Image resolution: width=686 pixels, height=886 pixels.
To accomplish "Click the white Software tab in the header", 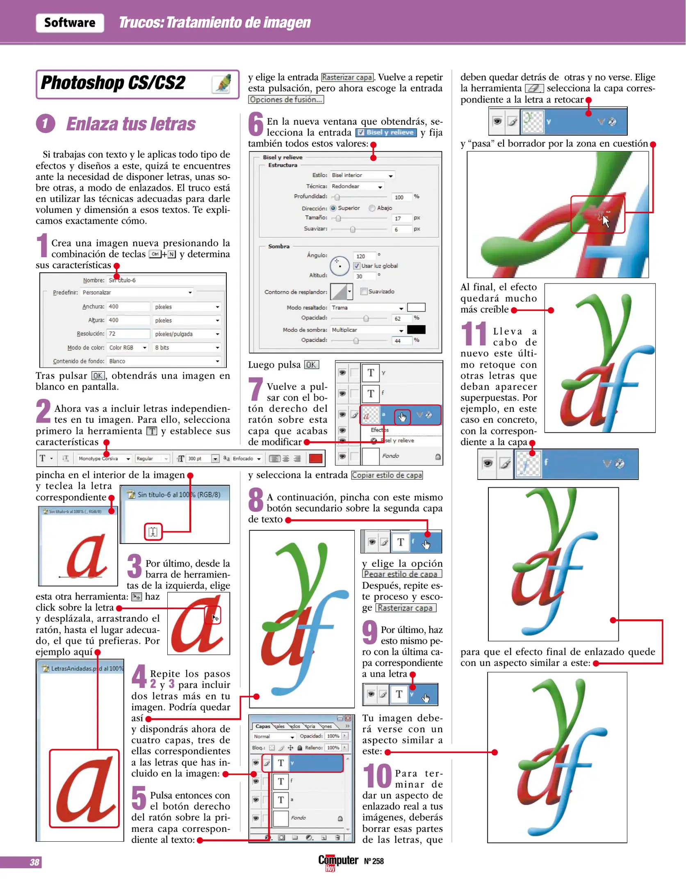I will (x=70, y=23).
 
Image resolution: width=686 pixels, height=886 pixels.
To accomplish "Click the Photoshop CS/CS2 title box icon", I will (x=222, y=83).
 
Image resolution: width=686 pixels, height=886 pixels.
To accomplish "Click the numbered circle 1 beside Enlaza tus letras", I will (x=46, y=123).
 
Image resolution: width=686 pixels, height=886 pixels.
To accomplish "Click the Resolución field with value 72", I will (x=128, y=334).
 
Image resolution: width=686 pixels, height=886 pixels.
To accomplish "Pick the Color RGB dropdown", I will (x=127, y=348).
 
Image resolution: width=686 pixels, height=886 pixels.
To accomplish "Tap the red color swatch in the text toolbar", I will (x=315, y=459).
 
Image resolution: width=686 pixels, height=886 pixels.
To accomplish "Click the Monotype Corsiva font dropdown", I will (x=104, y=459).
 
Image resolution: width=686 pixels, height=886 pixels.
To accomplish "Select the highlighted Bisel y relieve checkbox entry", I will (x=386, y=132).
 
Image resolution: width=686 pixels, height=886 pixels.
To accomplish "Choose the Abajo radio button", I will (x=372, y=208).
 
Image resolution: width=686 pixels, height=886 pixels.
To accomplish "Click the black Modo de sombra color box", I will (x=416, y=330).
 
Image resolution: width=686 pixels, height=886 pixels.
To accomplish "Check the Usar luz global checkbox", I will (x=357, y=266).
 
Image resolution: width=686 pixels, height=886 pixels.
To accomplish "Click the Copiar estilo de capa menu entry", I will (x=387, y=475).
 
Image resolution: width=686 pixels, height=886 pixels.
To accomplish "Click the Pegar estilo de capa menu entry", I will (x=401, y=574).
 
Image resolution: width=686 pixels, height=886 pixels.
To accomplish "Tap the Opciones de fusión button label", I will (x=286, y=100).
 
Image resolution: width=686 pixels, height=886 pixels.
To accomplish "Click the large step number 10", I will (x=377, y=776).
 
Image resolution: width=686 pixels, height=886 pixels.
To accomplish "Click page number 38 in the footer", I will (x=34, y=862).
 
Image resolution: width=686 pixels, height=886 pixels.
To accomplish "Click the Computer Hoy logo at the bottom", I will (x=338, y=861).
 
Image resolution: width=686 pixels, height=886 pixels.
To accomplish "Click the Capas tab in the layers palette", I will (x=262, y=726).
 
